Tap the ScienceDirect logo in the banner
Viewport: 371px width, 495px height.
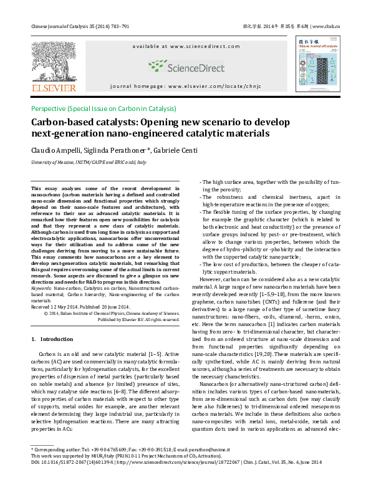177,66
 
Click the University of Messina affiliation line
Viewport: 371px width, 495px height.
89,162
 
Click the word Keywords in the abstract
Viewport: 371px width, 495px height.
41,289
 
